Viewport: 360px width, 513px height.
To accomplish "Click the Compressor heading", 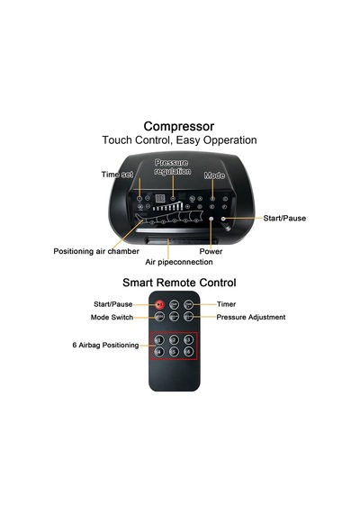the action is point(179,126).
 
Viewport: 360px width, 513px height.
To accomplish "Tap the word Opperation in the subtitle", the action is point(229,140).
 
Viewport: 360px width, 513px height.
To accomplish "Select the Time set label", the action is point(117,175).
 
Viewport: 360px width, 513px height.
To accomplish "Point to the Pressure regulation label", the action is point(173,166).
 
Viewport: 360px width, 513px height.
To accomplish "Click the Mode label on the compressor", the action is point(214,175).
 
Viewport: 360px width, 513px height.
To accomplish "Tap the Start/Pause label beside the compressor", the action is point(284,218).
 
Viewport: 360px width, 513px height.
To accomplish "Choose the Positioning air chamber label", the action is point(96,251).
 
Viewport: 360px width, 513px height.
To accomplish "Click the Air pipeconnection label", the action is point(179,262).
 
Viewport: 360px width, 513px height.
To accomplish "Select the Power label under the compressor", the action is point(211,251).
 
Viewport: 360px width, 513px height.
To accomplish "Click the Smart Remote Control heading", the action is point(179,283).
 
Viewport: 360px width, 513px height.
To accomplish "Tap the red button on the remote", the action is point(159,304).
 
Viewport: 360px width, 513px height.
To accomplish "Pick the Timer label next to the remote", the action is point(226,304).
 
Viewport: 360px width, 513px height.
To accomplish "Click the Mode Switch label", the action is point(112,318).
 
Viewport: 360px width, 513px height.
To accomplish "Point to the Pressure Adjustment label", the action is point(251,318).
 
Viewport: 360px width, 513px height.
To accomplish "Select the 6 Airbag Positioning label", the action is point(105,346).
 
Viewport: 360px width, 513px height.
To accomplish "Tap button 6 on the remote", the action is point(188,352).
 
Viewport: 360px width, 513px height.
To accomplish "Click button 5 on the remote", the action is point(174,352).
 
